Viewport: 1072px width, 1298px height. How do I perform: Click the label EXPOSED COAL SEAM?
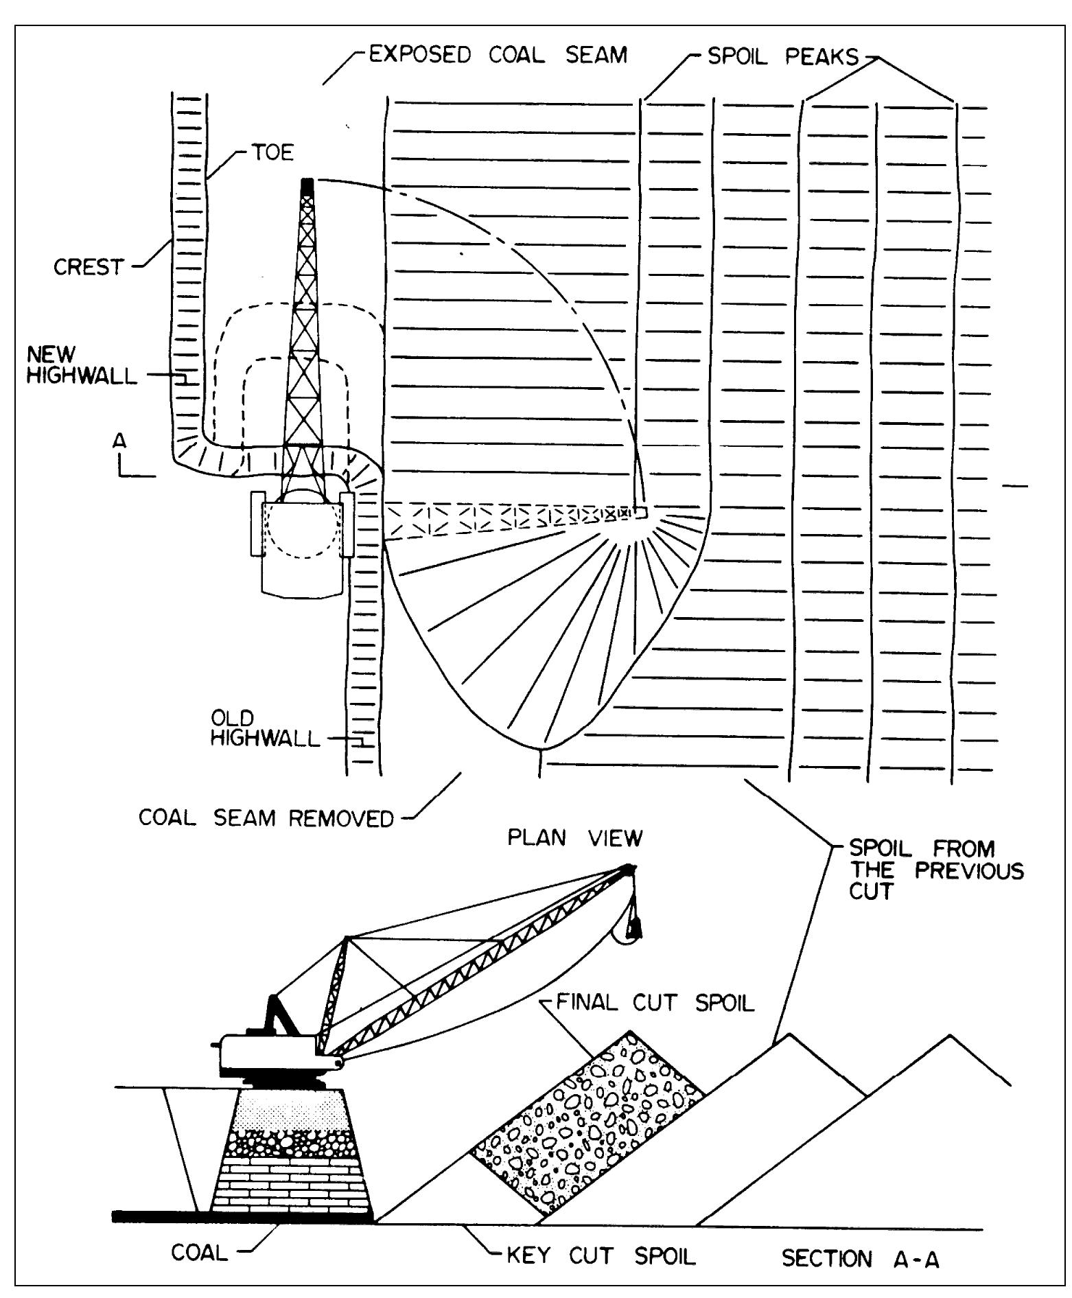498,55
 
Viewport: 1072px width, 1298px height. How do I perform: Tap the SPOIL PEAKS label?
782,57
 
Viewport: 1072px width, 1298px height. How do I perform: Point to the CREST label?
88,267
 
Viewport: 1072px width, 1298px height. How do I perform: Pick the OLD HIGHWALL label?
265,729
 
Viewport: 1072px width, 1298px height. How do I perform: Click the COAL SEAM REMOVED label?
266,818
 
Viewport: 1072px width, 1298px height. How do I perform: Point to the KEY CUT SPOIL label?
601,1256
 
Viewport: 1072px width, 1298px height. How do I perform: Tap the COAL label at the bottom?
198,1253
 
